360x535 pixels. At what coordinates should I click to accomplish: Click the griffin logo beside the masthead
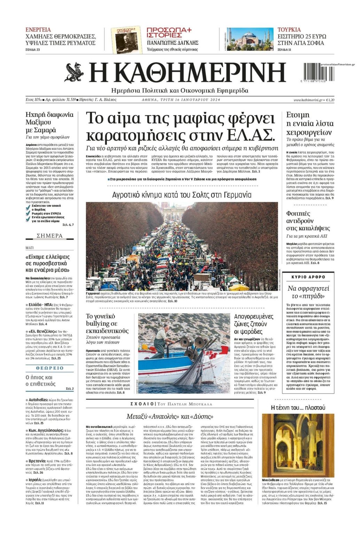point(74,72)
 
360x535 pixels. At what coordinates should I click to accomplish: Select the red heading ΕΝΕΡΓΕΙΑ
point(38,30)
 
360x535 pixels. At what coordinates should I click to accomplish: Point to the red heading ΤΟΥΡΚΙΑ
point(289,30)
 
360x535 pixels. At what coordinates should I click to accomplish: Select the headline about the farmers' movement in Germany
point(182,195)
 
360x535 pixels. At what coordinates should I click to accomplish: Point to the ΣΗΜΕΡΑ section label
point(50,236)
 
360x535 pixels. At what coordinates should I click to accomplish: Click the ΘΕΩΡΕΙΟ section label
point(50,368)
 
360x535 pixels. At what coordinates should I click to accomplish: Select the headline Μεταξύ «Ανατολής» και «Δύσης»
point(170,416)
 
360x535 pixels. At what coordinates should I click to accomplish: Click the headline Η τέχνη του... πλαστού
point(298,408)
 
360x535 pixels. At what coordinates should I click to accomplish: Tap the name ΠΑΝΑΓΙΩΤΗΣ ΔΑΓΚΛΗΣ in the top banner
point(172,42)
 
